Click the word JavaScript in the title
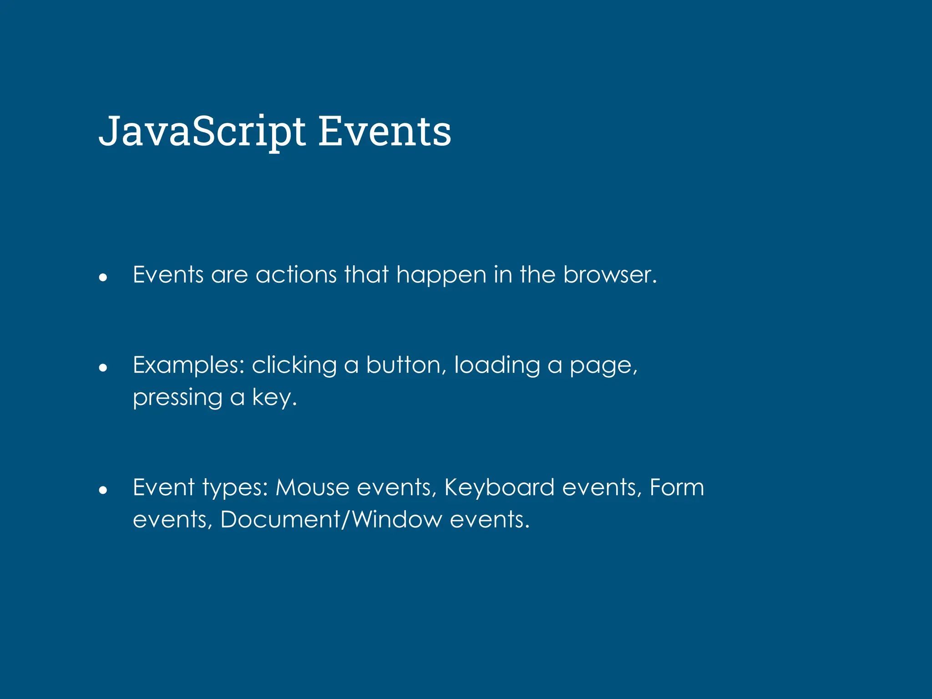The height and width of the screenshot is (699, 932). pyautogui.click(x=202, y=132)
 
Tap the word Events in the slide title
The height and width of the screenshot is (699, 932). pyautogui.click(x=385, y=132)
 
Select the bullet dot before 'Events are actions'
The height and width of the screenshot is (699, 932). pyautogui.click(x=103, y=277)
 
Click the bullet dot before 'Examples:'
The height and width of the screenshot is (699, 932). pyautogui.click(x=103, y=367)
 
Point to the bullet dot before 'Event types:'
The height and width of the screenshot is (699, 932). pyautogui.click(x=103, y=490)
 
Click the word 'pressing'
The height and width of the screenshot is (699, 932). pyautogui.click(x=177, y=398)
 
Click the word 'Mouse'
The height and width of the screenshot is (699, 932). pyautogui.click(x=312, y=487)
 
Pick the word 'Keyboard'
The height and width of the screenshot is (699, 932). pyautogui.click(x=499, y=487)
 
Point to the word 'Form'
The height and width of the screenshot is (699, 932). pyautogui.click(x=677, y=487)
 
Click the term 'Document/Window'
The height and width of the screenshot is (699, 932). pyautogui.click(x=331, y=519)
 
